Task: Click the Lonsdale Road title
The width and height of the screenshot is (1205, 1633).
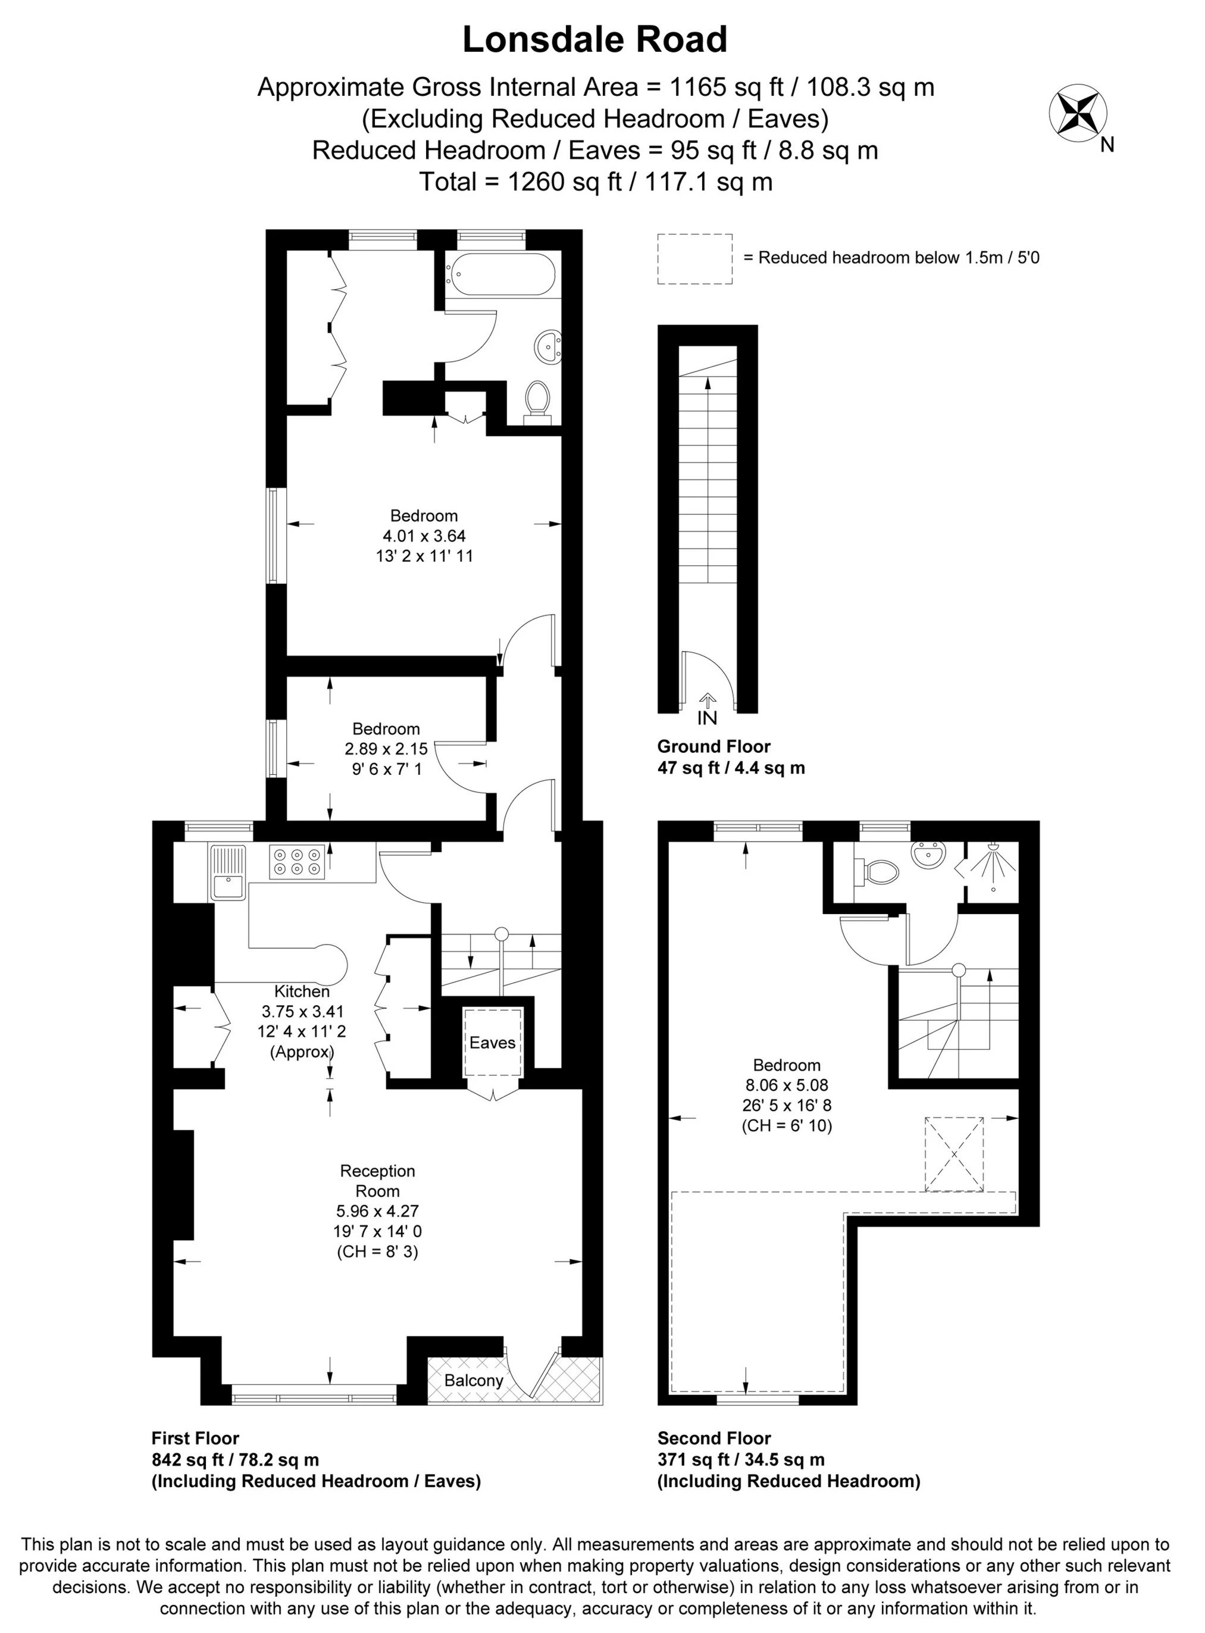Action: click(x=594, y=40)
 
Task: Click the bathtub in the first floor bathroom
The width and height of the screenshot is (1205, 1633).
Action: click(x=502, y=274)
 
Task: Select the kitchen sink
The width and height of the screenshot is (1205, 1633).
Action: click(x=229, y=872)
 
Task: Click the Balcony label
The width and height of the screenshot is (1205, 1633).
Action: click(x=474, y=1381)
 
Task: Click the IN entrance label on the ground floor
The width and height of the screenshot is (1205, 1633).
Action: click(x=707, y=718)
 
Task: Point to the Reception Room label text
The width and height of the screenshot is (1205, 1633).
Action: click(x=377, y=1181)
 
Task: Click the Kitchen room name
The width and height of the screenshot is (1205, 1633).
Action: click(x=302, y=991)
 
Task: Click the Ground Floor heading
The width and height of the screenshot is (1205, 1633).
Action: click(x=713, y=746)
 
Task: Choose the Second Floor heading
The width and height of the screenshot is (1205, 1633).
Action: click(x=714, y=1438)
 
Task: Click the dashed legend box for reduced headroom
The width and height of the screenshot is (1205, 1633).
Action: click(x=694, y=259)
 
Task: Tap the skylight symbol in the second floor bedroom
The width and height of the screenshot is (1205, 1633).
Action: click(x=953, y=1154)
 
